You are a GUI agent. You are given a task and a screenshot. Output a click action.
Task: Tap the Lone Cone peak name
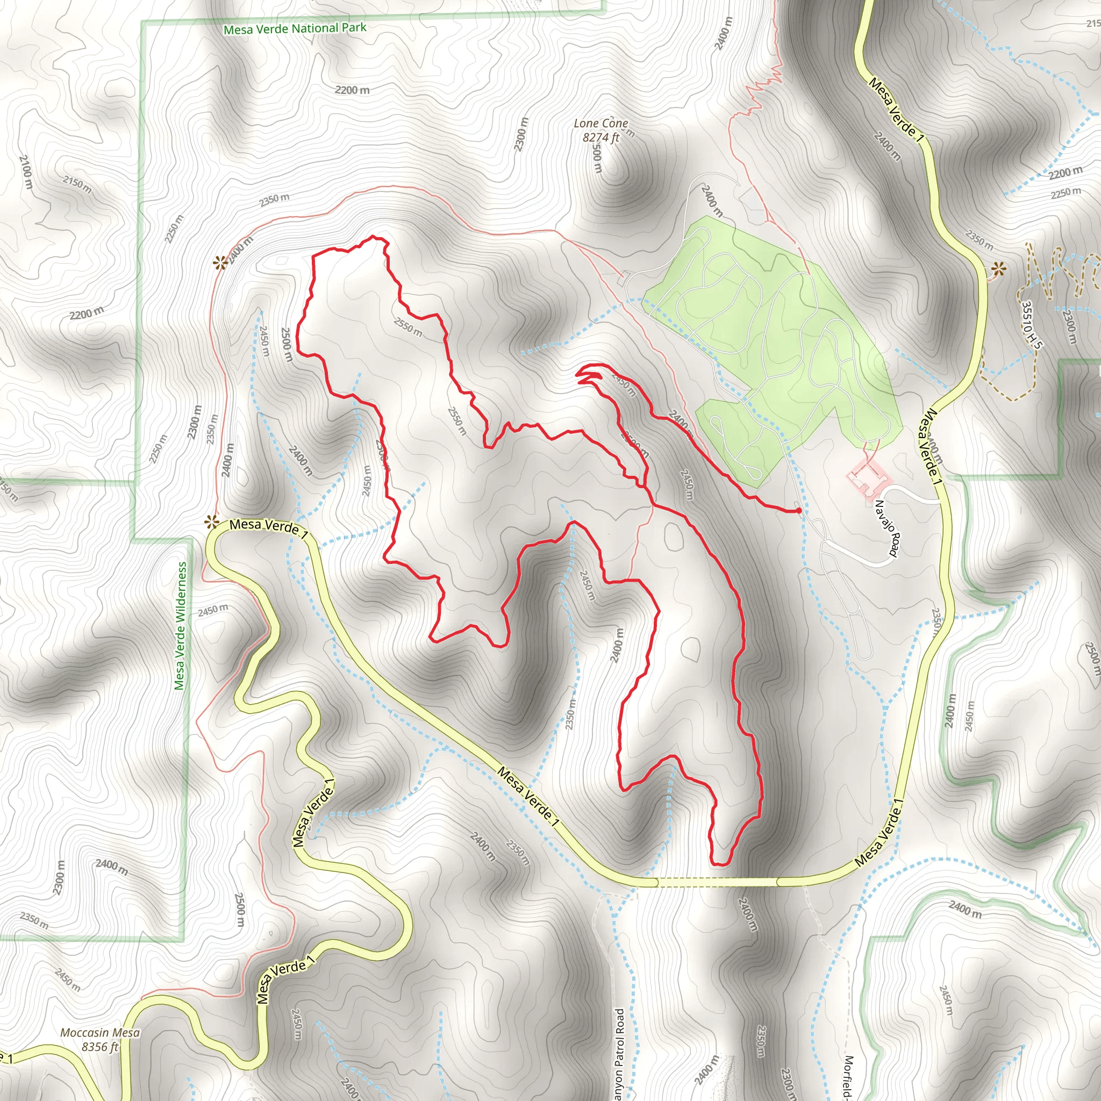(x=600, y=123)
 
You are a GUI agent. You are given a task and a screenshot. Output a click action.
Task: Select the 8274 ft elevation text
(x=600, y=137)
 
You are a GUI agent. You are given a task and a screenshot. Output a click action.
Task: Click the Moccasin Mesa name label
(x=100, y=1033)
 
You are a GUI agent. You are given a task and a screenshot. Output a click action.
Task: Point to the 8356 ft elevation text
(x=100, y=1047)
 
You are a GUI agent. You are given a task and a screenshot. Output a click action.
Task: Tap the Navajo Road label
(x=886, y=528)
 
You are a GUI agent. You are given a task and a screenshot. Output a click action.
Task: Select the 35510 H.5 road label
(x=1031, y=325)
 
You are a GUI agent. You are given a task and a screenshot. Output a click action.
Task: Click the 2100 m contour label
(x=26, y=172)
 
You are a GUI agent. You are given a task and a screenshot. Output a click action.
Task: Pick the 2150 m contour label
(x=77, y=184)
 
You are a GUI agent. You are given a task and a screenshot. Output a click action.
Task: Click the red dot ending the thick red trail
(x=799, y=511)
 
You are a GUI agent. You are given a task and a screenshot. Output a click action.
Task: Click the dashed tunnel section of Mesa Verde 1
(x=718, y=882)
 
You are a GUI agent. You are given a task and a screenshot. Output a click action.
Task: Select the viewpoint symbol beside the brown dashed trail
(x=998, y=268)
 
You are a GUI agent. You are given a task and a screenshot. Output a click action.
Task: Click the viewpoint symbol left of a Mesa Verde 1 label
(x=212, y=521)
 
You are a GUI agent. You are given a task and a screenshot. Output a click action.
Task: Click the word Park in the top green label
(x=354, y=27)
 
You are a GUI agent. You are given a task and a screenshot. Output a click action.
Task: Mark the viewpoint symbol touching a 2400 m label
(x=219, y=263)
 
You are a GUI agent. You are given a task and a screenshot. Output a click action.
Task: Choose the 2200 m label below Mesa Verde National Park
(x=352, y=90)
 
